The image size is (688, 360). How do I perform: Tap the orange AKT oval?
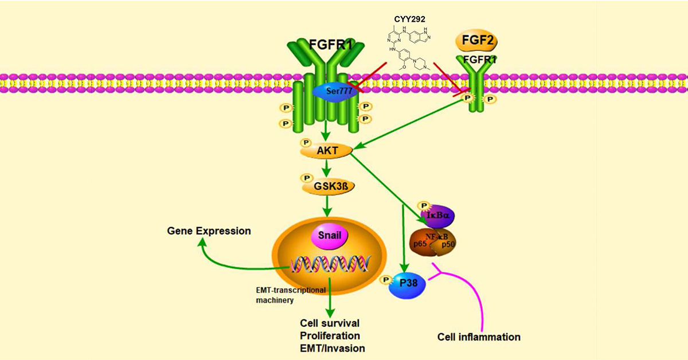pos(325,151)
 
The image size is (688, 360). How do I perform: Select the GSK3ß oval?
pos(325,187)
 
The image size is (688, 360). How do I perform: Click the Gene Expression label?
pos(209,230)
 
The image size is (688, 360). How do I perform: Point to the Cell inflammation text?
pos(479,336)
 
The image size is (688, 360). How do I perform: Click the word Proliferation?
pos(331,335)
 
